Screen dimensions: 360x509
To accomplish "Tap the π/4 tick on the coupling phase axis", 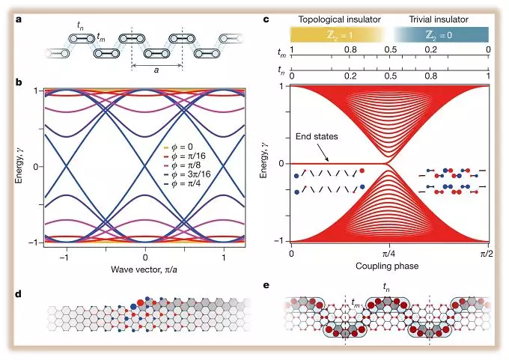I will pos(389,254).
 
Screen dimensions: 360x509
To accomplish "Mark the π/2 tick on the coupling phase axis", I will pos(488,254).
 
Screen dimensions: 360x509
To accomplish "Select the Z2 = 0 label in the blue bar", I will pos(441,34).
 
